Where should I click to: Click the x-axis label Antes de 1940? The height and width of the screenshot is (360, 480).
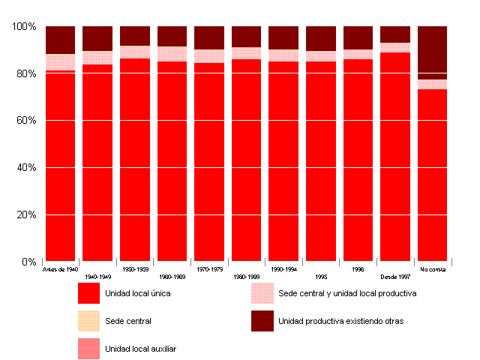(60, 268)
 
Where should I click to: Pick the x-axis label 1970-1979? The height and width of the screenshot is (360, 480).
(209, 268)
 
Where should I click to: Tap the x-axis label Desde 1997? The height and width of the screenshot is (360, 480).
(395, 276)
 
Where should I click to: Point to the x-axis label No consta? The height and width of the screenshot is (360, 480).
(433, 268)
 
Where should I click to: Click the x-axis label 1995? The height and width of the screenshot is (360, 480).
(321, 276)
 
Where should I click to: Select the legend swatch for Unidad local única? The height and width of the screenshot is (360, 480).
(88, 293)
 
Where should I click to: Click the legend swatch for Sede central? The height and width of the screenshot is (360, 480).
(88, 321)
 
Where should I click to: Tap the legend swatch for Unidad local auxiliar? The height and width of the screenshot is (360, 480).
(88, 349)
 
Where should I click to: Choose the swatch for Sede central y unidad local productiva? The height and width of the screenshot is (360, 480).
(262, 293)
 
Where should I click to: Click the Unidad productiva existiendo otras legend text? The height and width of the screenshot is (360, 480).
(340, 321)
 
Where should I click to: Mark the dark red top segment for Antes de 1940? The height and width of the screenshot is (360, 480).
(60, 40)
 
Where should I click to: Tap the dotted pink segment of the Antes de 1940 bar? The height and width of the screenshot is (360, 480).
(60, 61)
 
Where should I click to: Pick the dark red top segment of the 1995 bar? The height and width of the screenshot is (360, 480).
(321, 38)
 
